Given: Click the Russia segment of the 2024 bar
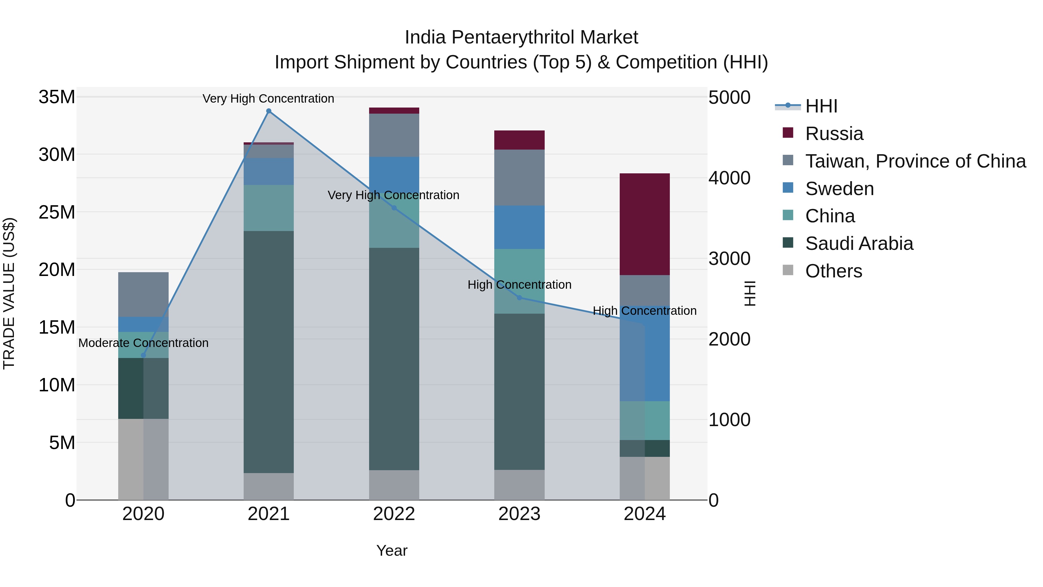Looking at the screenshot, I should click(645, 224).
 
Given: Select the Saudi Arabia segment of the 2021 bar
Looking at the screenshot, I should click(269, 352).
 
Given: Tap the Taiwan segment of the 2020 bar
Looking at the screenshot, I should click(143, 294).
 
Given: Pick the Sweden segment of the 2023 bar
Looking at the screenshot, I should click(519, 227).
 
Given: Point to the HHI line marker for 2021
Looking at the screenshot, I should click(269, 111).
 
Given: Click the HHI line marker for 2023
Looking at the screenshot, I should click(519, 298).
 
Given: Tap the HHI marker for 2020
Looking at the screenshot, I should click(143, 355).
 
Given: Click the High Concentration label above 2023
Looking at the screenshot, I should click(519, 285).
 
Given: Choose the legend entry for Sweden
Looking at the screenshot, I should click(839, 189).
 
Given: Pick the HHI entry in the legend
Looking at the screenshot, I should click(821, 106).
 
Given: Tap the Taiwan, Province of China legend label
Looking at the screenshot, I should click(915, 161).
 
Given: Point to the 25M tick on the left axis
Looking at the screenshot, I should click(57, 212).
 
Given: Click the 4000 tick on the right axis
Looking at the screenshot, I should click(729, 178).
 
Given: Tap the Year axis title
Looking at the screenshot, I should click(391, 550).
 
